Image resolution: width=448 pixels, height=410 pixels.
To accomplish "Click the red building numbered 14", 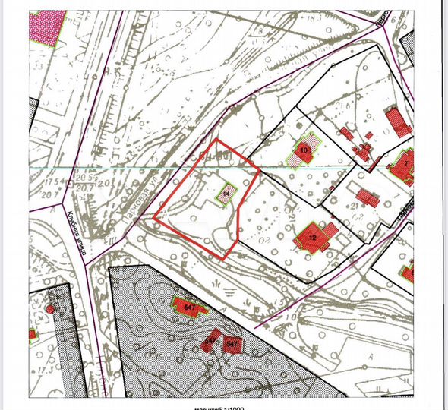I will point(226,194).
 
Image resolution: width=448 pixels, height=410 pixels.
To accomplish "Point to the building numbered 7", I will point(405,164).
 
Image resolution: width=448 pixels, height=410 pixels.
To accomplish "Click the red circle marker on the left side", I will point(50,308).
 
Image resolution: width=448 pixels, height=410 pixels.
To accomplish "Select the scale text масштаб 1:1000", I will point(199,406).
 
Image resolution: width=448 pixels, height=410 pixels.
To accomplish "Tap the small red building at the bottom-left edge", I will point(33,334).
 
